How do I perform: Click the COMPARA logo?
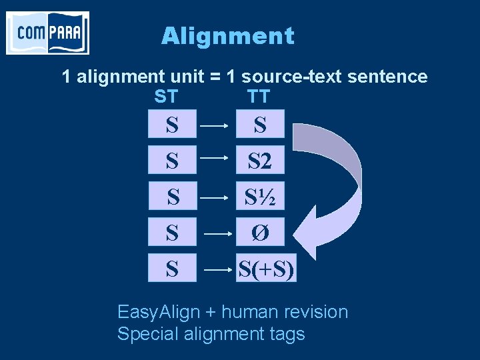47,33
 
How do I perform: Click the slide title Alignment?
227,35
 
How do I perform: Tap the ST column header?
166,97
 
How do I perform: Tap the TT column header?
258,97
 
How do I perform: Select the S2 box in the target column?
260,160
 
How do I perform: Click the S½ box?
260,197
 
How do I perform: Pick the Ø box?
260,233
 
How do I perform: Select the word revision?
318,312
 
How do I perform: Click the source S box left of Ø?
172,233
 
